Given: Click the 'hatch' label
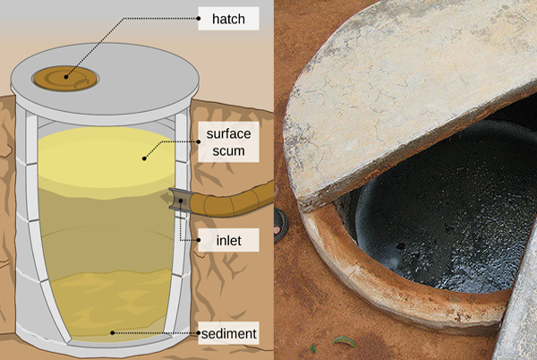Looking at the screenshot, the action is [228, 19].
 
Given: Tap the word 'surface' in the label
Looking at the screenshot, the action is [228, 133].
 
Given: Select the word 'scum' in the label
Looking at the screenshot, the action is [228, 150].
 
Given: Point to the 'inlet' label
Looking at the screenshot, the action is [228, 241].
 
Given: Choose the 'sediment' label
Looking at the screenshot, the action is [228, 333].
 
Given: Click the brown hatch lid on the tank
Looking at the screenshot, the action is [65, 79].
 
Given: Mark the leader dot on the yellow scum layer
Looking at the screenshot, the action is [144, 159].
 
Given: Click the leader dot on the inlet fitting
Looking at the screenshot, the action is [181, 200].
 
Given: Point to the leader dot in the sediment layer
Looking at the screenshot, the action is [112, 332].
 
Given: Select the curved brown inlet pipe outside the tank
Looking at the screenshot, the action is [232, 202].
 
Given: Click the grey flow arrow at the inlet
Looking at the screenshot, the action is [166, 198].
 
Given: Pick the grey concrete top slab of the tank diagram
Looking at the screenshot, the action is [105, 82].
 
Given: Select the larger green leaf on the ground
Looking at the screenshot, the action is [345, 341].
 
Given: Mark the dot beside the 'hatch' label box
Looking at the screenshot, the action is [199, 19].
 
